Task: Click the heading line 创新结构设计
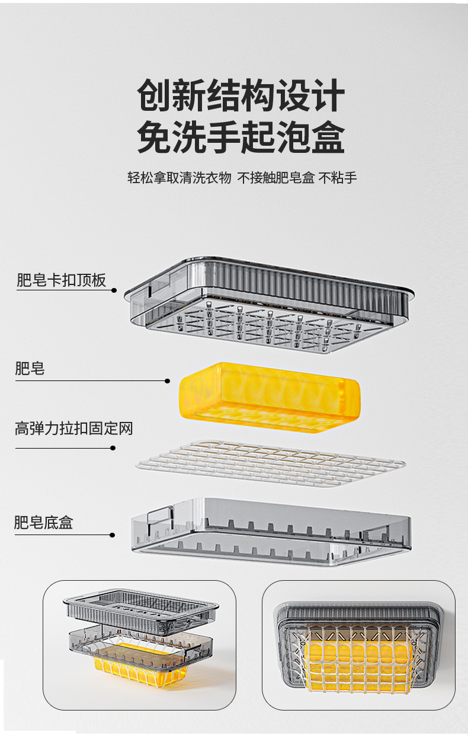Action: pos(241,97)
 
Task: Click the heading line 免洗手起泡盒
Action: pos(241,137)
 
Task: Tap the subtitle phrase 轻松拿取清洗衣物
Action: pos(179,178)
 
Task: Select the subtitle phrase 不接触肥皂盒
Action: pos(275,178)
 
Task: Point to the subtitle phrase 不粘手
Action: pos(338,178)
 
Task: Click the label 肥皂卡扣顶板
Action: pos(61,280)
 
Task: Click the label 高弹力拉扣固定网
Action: pos(73,428)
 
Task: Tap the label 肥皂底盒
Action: pos(44,523)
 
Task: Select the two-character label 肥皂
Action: pos(30,369)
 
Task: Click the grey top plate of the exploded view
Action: pos(270,296)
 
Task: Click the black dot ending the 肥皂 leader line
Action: pos(168,381)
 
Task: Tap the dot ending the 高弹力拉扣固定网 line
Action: pos(113,448)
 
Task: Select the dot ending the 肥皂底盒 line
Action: pos(113,535)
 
